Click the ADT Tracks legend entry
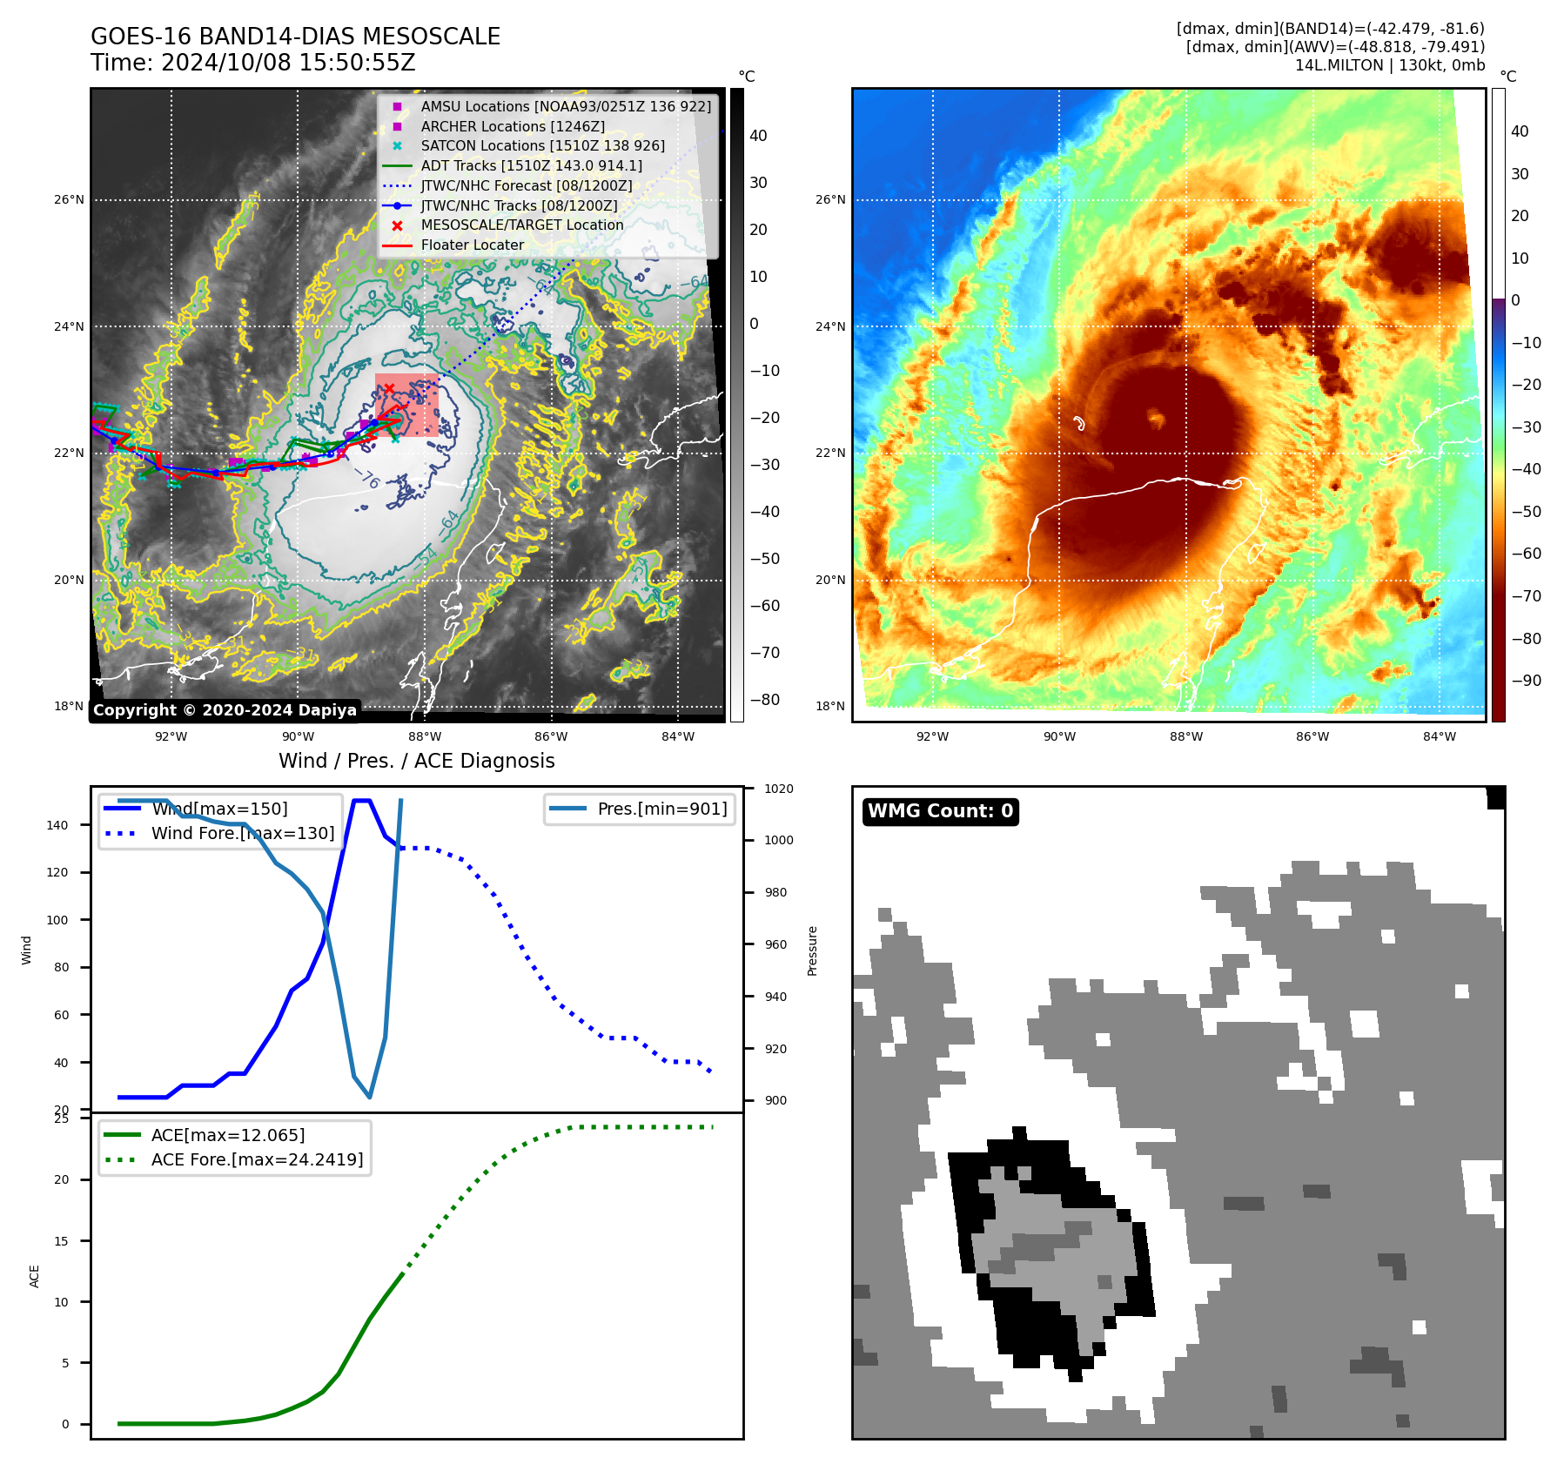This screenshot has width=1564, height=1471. click(531, 165)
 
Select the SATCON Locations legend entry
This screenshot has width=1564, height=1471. click(542, 145)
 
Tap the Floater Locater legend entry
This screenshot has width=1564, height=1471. click(472, 245)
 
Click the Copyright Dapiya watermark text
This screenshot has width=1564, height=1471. click(225, 710)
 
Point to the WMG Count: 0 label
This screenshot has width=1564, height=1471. click(940, 811)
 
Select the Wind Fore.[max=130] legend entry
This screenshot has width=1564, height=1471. click(242, 833)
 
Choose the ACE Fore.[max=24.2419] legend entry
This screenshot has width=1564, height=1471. click(257, 1159)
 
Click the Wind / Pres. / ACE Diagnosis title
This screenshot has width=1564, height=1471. click(416, 761)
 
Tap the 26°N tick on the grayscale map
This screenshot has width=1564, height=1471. click(69, 199)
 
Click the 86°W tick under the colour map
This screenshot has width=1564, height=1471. click(1312, 736)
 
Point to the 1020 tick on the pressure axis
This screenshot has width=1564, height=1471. click(779, 789)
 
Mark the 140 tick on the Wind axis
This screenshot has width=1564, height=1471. click(57, 825)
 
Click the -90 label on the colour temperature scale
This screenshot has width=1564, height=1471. click(1527, 681)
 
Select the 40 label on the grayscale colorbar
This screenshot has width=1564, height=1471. click(758, 135)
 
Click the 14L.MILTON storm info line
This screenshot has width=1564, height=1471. click(1389, 65)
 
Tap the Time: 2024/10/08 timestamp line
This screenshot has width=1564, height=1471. click(253, 63)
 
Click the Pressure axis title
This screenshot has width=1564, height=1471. click(812, 950)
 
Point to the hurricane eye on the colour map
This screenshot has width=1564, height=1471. click(1156, 419)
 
